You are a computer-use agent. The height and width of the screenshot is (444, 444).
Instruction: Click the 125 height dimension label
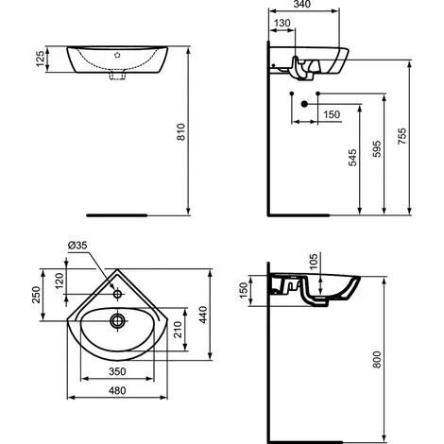click(x=41, y=58)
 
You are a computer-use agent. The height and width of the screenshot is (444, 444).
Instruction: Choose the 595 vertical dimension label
click(x=377, y=157)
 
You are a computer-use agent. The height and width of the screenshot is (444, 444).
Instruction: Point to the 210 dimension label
click(x=179, y=330)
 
